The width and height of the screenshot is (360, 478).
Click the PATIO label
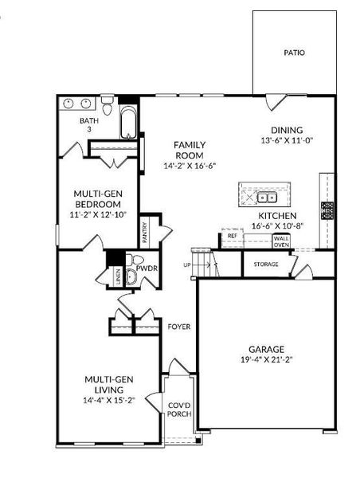(294, 53)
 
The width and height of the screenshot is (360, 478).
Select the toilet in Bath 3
(106, 105)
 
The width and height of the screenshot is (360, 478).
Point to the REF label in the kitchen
(233, 236)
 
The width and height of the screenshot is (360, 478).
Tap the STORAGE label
(266, 264)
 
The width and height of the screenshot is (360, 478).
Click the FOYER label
(178, 327)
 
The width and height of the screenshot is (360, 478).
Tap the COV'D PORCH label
(178, 410)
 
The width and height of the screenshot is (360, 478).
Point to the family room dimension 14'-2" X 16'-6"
(190, 166)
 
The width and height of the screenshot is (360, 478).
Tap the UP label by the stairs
(187, 265)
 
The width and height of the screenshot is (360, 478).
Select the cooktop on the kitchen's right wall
(327, 210)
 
